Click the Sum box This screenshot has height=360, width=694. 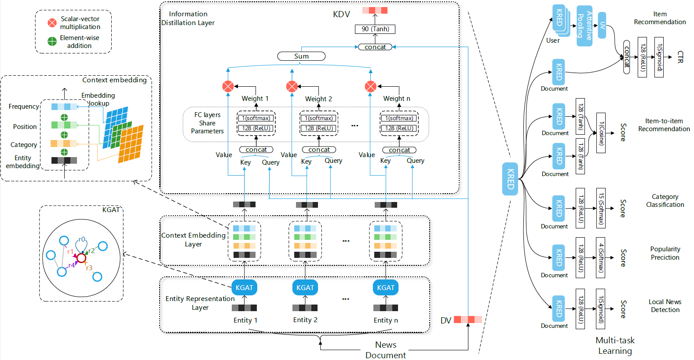coord(301,56)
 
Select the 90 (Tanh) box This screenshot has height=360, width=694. coord(375,29)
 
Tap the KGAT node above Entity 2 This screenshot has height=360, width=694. coord(305,287)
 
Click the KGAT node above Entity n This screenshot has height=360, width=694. coord(386,287)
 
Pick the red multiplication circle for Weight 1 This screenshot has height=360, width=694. coord(228,86)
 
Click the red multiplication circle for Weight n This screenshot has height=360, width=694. coord(371,86)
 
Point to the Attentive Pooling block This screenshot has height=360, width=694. coord(584,26)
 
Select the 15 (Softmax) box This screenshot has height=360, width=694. coord(601,208)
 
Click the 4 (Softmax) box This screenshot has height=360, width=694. coord(601,257)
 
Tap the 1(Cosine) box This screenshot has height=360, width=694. coord(601,133)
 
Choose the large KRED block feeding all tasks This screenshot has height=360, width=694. coord(510,179)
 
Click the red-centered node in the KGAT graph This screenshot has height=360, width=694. coord(81,258)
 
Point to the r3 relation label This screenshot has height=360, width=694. coord(89,268)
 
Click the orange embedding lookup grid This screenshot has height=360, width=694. coord(131,144)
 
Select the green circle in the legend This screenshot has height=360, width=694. coord(52,41)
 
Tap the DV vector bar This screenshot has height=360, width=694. coord(468,320)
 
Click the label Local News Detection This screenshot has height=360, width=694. coord(665,306)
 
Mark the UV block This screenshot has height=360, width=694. coord(602,26)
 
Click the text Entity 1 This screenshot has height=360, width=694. coord(245,320)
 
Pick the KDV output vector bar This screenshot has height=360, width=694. coord(375,10)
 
